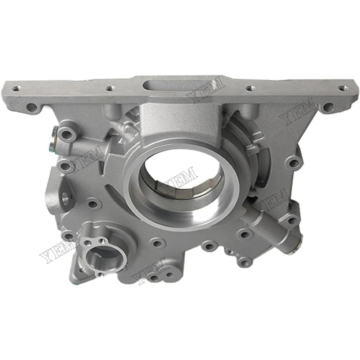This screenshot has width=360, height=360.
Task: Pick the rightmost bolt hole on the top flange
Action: pyautogui.click(x=341, y=88)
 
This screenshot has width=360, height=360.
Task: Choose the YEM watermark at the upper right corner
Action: pyautogui.click(x=299, y=112)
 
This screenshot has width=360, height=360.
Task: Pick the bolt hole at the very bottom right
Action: pyautogui.click(x=245, y=263)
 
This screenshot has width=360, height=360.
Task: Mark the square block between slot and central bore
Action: pyautogui.click(x=162, y=115)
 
